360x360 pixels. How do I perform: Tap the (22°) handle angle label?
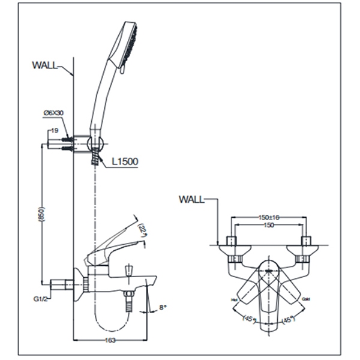(x=142, y=229)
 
